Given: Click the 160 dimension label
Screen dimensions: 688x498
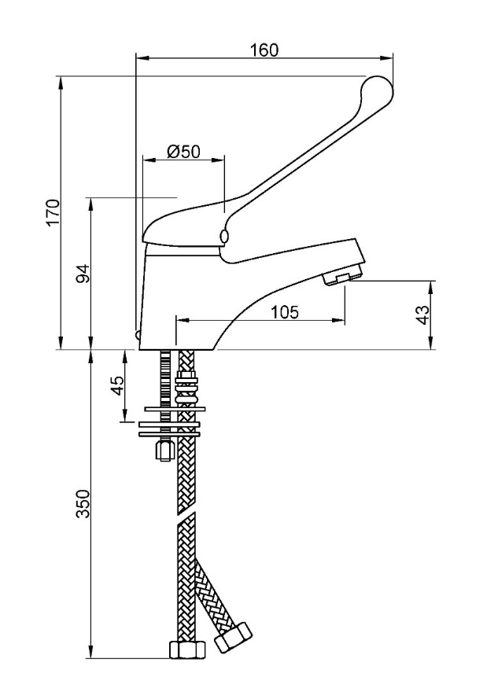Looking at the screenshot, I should coord(264,49).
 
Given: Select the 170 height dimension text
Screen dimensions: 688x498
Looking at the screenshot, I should coord(53,212).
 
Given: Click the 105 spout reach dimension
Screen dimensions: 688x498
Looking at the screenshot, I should coord(284,312).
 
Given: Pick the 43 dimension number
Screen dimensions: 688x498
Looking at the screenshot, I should coord(422,315).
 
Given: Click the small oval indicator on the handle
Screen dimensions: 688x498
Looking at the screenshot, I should coord(225,237).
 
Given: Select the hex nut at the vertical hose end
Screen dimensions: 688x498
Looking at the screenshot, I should coord(187,649).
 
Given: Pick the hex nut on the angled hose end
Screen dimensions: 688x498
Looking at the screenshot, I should coord(234,636).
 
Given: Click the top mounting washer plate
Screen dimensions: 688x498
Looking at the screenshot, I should coord(173,408).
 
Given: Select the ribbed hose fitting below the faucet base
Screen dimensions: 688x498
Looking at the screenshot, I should coord(186,385).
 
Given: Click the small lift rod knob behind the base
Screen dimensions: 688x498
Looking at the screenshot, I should coord(138,337).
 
